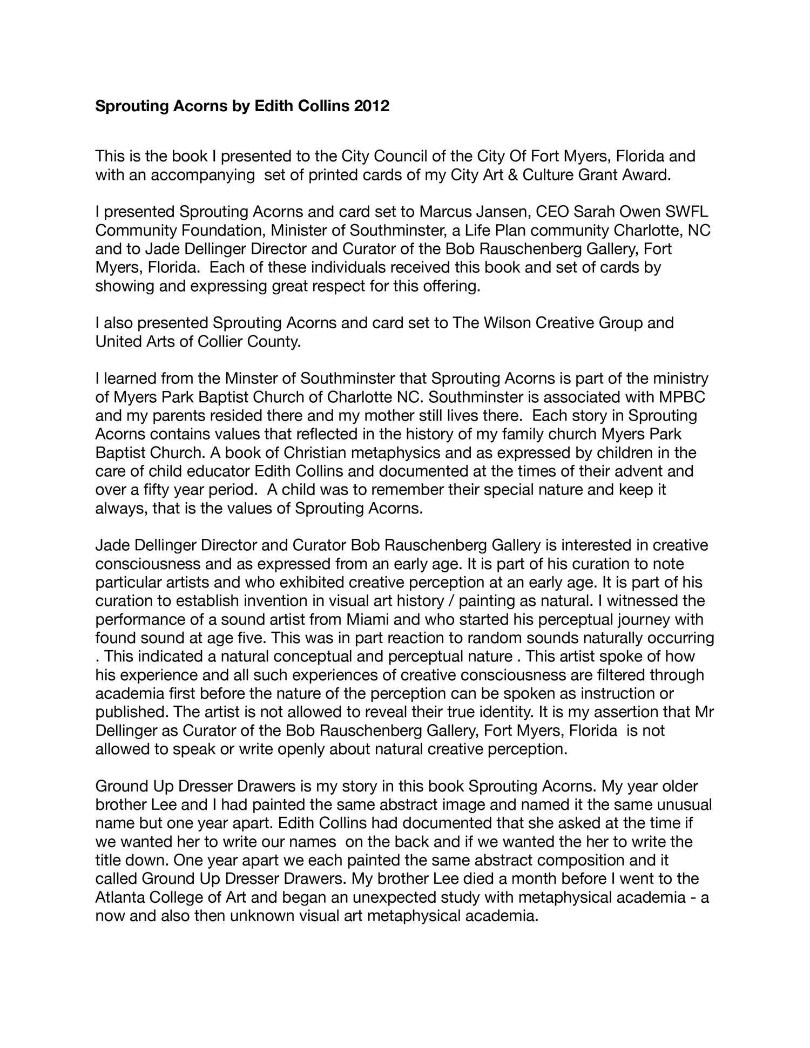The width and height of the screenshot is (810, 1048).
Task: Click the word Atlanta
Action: tap(120, 897)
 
